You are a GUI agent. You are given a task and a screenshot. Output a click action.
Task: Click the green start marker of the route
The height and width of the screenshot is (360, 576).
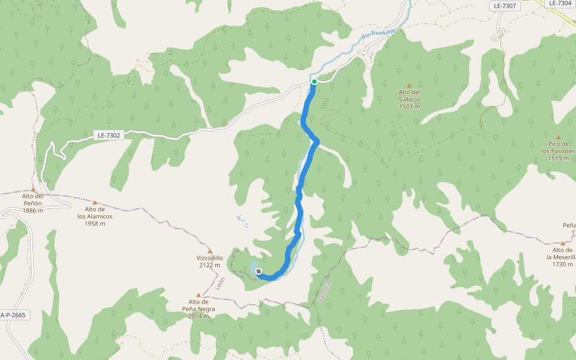coord(314,82)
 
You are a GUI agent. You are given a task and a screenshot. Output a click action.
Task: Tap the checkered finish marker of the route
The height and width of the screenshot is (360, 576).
coord(259,272)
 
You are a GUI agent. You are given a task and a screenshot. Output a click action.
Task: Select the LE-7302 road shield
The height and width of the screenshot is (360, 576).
coord(109,136)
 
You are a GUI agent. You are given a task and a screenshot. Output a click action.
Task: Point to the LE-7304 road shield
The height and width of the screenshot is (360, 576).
coord(560,3)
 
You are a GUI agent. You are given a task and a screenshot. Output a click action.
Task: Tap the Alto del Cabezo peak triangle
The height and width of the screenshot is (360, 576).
coord(409,85)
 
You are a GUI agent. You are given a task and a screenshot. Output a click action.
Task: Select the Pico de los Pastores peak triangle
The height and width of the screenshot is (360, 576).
coord(558,137)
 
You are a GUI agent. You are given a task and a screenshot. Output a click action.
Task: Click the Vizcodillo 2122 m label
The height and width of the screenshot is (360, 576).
coord(209,262)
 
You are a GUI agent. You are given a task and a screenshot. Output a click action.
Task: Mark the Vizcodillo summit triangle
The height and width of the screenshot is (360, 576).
coord(209,251)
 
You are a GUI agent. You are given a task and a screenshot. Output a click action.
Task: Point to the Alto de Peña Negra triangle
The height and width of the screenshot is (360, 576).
coord(199,295)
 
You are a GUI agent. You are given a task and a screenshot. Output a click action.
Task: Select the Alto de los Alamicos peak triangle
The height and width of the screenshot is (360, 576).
coord(94,202)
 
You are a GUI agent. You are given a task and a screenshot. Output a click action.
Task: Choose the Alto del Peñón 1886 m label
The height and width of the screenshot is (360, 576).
coord(32,203)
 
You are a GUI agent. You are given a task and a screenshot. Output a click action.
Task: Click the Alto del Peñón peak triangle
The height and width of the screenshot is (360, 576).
coord(33,190)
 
